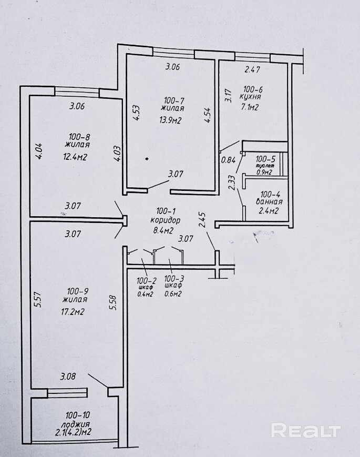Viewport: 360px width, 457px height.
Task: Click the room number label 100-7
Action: coord(174,101)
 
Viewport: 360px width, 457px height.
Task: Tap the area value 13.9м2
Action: coord(171,120)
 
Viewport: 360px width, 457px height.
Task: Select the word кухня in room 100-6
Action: coord(250,97)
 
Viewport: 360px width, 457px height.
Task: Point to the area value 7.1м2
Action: coord(249,107)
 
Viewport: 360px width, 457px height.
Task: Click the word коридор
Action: coord(165,220)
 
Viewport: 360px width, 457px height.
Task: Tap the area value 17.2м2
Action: coord(74,312)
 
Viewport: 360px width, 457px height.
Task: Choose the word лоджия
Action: coord(76,424)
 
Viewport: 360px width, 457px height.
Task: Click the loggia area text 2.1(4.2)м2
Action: coord(73,432)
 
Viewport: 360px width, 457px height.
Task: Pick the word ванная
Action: coord(269,201)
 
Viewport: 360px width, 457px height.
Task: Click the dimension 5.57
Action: coord(39,299)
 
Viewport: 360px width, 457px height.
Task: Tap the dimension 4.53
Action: coord(136,113)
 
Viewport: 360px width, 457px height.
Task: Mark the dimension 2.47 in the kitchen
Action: coord(252,69)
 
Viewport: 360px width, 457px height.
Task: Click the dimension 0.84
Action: coord(228,160)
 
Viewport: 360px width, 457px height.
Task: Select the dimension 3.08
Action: coord(68,376)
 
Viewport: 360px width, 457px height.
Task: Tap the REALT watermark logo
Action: coord(306,430)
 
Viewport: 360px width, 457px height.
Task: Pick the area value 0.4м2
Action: coord(146,294)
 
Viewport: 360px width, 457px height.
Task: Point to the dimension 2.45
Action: coord(203,219)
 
